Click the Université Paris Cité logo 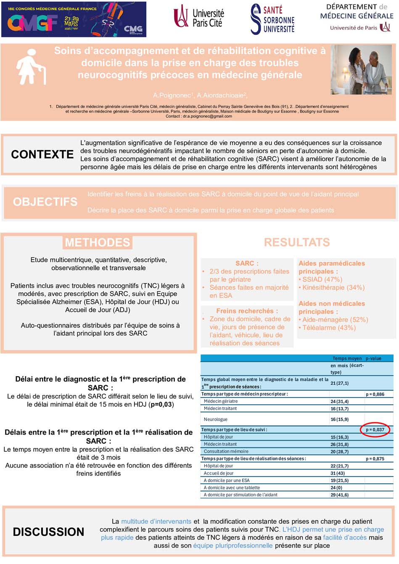coord(198,18)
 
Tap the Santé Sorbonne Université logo coord(272,19)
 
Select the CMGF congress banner coord(74,19)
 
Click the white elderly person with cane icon coord(31,67)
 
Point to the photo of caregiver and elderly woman coord(361,69)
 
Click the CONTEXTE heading coord(42,155)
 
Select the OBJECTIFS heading coord(45,202)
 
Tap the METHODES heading coord(98,242)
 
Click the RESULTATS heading coord(297,242)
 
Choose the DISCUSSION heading coord(48,532)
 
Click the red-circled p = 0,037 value coord(375,430)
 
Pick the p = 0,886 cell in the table coord(375,394)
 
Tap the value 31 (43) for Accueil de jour coord(340,473)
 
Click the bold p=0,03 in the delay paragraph coord(161,404)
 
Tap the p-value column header coord(373,358)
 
